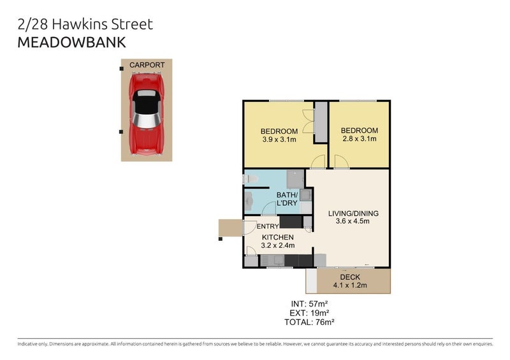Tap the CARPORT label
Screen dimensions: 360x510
147,65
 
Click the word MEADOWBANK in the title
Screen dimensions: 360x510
71,43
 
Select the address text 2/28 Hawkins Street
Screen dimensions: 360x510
85,25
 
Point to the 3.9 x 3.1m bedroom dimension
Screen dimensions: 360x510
279,139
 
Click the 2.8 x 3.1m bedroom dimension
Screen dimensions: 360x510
359,139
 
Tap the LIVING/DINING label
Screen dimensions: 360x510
349,213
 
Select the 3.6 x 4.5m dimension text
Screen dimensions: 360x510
349,221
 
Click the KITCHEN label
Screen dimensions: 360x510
277,237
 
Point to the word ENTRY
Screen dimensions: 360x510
266,226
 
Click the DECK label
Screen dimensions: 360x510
350,277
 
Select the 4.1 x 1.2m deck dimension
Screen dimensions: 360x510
350,285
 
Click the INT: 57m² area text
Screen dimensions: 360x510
310,303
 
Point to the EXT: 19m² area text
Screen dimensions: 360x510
310,313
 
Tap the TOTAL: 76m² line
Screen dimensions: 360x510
310,322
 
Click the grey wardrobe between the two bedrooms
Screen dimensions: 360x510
321,122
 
